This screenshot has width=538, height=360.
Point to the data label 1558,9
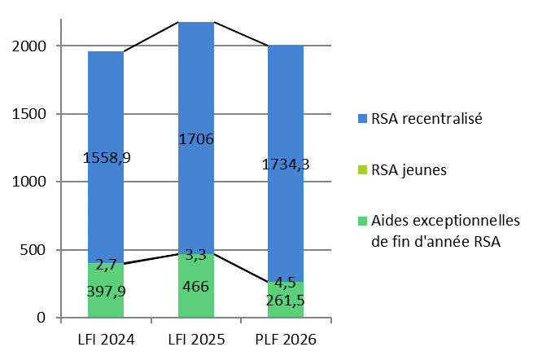[x=107, y=157]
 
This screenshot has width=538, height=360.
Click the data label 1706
[x=196, y=139]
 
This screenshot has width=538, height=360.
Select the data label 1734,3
[x=286, y=165]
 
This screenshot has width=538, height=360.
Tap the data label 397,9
[x=107, y=291]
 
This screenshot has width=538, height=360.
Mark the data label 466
[x=196, y=286]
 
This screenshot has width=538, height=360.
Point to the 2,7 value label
[x=107, y=264]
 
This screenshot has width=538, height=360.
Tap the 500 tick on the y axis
[x=37, y=249]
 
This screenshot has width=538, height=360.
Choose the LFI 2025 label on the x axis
[x=196, y=338]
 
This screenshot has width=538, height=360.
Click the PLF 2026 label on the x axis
[x=286, y=338]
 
